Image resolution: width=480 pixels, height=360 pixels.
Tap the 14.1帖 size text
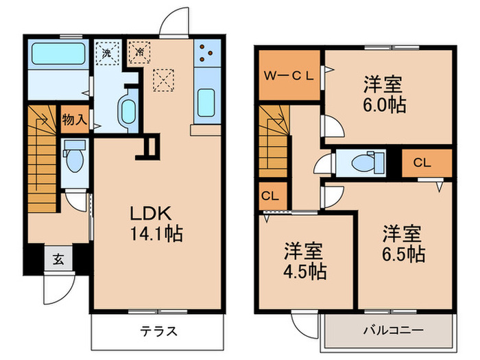(x=158, y=234)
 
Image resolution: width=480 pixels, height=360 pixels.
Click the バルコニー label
(x=393, y=331)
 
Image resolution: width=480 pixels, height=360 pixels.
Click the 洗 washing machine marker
(x=106, y=52)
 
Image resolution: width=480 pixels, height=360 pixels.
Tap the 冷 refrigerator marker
(x=139, y=52)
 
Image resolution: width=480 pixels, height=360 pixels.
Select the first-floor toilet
(x=73, y=158)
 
